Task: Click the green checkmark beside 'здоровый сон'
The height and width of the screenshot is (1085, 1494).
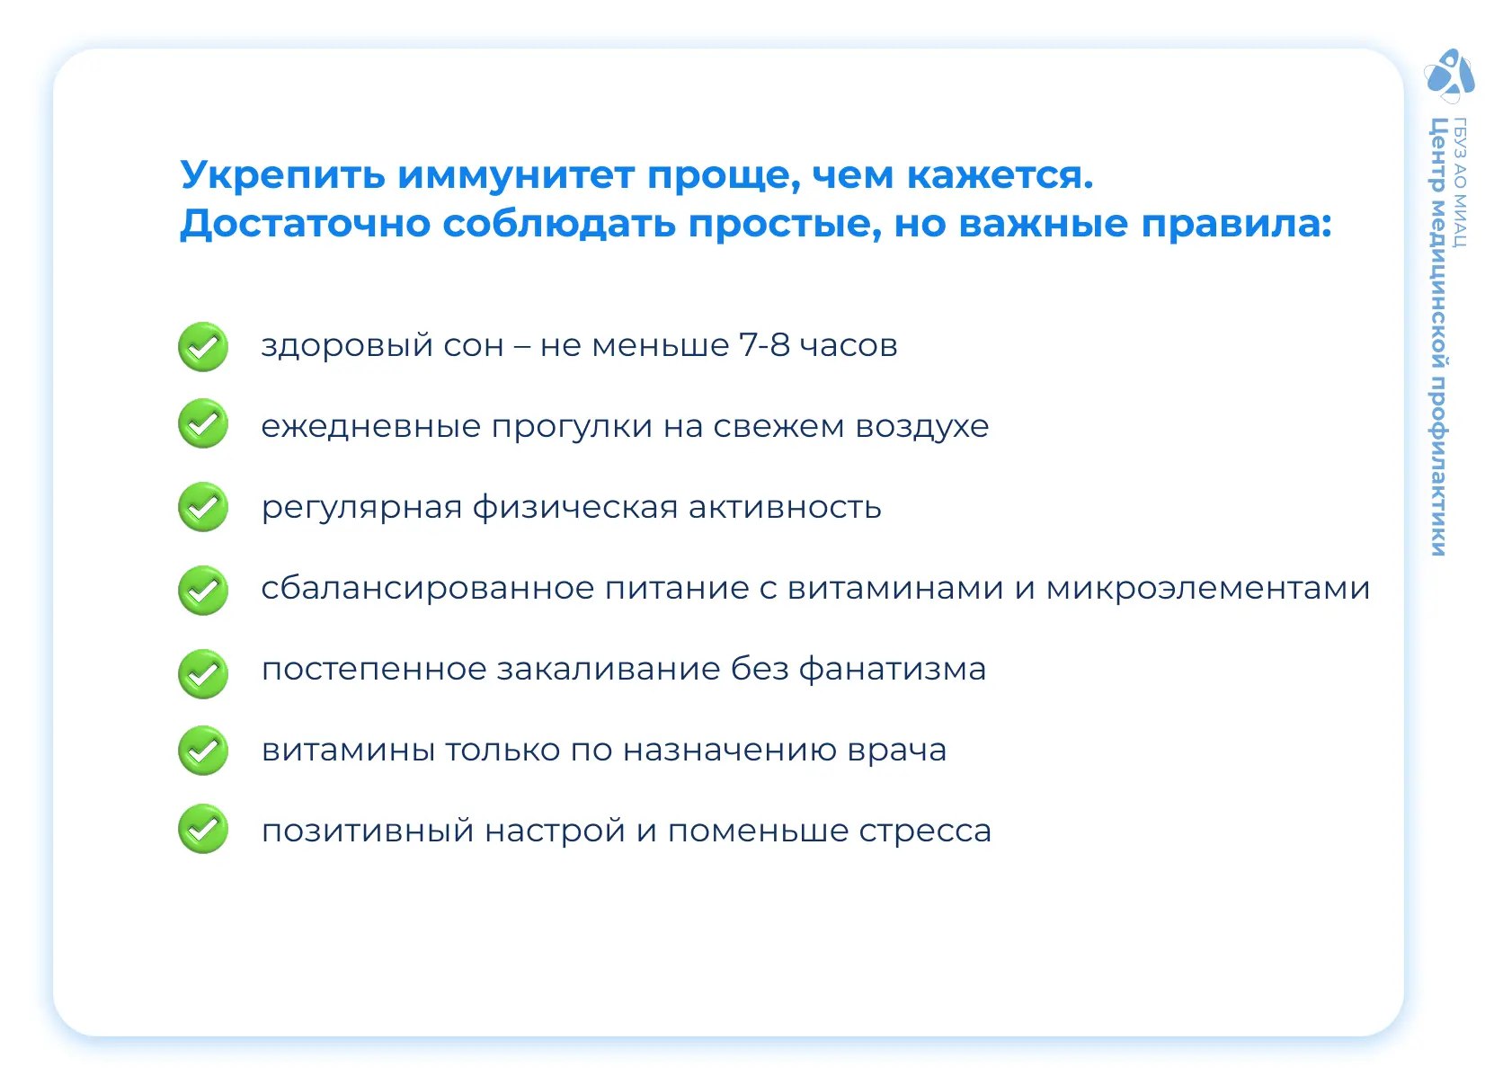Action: [x=203, y=347]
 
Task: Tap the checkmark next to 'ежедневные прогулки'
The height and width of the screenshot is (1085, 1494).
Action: [x=203, y=423]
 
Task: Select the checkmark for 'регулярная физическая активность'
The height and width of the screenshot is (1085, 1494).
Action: [x=203, y=507]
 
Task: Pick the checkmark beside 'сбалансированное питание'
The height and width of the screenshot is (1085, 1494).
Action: [x=203, y=591]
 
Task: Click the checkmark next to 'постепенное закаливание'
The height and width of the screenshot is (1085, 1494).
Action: [x=203, y=673]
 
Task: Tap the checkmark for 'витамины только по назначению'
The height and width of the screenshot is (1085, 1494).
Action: [x=203, y=751]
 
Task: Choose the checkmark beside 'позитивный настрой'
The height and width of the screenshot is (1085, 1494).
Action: [x=203, y=829]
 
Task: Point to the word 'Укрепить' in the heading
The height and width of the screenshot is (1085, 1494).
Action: [x=283, y=176]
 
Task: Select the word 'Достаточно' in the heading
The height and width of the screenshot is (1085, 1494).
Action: [x=306, y=224]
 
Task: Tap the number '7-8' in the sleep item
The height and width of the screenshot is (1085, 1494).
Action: [x=764, y=345]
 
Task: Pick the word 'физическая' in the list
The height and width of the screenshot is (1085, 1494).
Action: [x=575, y=507]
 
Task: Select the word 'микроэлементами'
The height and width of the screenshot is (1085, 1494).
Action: [x=1207, y=589]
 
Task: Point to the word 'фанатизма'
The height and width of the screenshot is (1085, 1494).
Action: [x=893, y=669]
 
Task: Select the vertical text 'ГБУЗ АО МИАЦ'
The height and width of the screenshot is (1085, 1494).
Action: [x=1459, y=182]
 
